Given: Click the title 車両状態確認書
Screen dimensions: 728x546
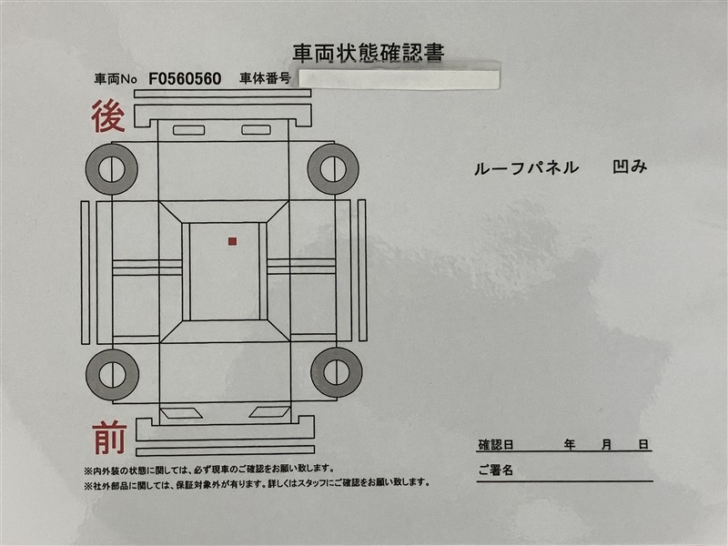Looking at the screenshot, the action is (x=369, y=53).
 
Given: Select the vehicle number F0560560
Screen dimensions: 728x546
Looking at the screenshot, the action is (x=185, y=79).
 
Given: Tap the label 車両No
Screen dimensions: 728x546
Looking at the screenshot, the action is (x=116, y=79).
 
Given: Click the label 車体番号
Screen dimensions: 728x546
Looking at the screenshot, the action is (x=265, y=78).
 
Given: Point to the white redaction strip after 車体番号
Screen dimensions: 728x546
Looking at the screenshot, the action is (x=399, y=79).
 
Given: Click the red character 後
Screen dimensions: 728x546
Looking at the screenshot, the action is (x=108, y=116).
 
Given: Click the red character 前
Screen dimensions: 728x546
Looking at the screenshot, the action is (x=109, y=438).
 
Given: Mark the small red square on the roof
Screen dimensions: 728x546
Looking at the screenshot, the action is (x=233, y=241).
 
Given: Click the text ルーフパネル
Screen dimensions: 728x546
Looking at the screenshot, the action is (x=526, y=168).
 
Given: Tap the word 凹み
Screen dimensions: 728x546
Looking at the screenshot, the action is (x=630, y=167).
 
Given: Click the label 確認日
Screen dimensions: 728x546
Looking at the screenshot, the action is (x=496, y=445).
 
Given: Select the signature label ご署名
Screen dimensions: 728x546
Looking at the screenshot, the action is (x=495, y=470).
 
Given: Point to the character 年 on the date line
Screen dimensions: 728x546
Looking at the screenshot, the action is (x=570, y=445).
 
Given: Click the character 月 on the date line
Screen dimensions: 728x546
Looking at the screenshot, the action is (x=606, y=445).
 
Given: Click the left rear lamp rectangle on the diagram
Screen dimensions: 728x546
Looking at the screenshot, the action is (x=189, y=130).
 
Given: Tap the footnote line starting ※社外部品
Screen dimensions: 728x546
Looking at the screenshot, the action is (x=257, y=483).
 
